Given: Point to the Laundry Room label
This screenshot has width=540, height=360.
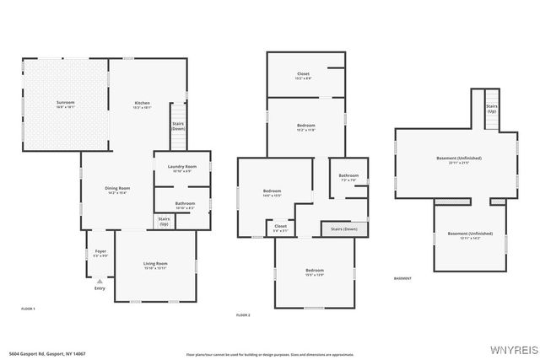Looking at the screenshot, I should point(182,167).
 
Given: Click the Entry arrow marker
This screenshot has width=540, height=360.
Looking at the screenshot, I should point(100,281).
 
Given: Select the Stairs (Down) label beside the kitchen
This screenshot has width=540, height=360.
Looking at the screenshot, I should point(178,126).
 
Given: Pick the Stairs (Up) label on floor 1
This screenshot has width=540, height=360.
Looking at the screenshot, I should point(164,222).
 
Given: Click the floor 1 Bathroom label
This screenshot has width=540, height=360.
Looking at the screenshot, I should point(185,203).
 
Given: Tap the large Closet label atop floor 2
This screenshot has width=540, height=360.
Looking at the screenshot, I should point(304,75).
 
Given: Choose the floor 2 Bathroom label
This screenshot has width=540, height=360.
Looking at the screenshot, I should point(348,179).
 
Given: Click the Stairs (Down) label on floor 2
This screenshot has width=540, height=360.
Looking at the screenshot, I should point(343,228).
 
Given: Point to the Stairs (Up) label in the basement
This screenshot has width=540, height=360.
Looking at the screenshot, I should point(491,109).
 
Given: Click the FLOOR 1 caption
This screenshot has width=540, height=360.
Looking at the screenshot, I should point(28,309).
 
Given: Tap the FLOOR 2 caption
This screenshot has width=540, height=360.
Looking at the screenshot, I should point(243,314).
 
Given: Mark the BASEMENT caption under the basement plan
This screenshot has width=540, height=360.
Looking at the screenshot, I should point(402,278).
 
